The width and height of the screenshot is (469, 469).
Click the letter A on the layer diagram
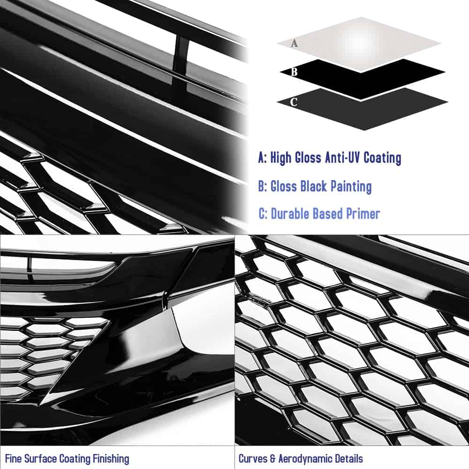tap(295, 43)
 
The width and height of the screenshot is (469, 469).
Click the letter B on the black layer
tap(294, 72)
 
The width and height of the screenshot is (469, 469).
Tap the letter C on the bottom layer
tap(294, 102)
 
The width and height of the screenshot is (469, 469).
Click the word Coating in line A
tap(382, 158)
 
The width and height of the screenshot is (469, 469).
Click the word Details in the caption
tap(349, 459)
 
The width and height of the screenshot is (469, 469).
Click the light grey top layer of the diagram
tap(359, 44)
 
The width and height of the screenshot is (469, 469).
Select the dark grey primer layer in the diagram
tap(362, 109)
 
